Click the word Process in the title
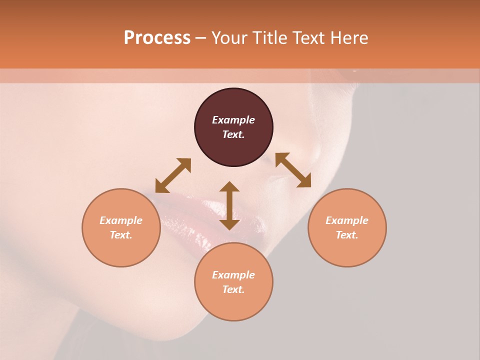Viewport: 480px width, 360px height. [x=157, y=38]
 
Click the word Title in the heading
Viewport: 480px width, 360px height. [x=271, y=38]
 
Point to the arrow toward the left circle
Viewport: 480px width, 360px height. [x=173, y=176]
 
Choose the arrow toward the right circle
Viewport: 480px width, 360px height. [x=293, y=170]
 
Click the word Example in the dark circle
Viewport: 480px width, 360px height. [x=233, y=120]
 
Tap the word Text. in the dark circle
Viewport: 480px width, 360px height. [x=233, y=134]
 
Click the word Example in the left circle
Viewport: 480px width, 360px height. [x=121, y=220]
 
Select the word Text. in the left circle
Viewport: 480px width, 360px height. [x=121, y=235]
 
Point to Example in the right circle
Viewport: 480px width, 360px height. [x=347, y=220]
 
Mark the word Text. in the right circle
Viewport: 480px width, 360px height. [x=347, y=235]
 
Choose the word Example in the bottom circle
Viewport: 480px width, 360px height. [x=233, y=275]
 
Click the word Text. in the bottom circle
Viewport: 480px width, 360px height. [x=233, y=289]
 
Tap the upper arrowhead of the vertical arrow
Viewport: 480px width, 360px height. [x=229, y=187]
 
